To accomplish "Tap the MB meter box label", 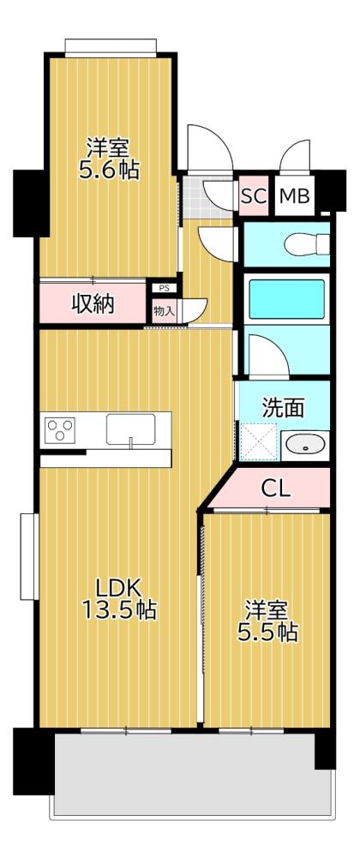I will pos(294,196).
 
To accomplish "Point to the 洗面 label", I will pos(282,407).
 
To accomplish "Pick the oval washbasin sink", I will pos(303,444).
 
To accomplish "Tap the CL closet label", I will pos(276,489).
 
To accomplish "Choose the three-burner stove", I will pos(62,428).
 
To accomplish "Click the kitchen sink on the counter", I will pos(130,428).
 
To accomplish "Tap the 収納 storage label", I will pos(92,304).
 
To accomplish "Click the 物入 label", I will pos(164,311).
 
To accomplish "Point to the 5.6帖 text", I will pos(109,169).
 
